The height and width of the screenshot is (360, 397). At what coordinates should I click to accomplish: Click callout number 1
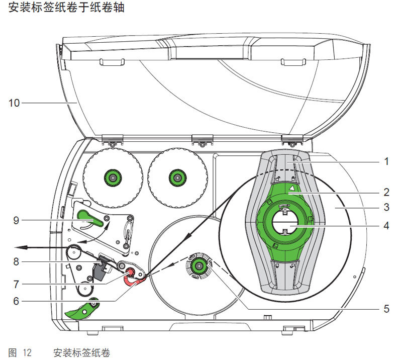pos(386,162)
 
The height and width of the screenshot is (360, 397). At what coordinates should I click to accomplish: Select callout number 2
pos(386,192)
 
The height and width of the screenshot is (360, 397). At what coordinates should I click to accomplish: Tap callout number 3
pos(386,207)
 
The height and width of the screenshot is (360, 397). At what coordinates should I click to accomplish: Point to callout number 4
pos(386,227)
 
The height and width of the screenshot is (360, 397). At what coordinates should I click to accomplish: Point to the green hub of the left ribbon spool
pos(111,177)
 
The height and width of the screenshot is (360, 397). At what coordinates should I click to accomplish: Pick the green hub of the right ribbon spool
pos(176,177)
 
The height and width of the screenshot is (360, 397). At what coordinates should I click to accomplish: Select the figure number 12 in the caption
pos(26,352)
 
